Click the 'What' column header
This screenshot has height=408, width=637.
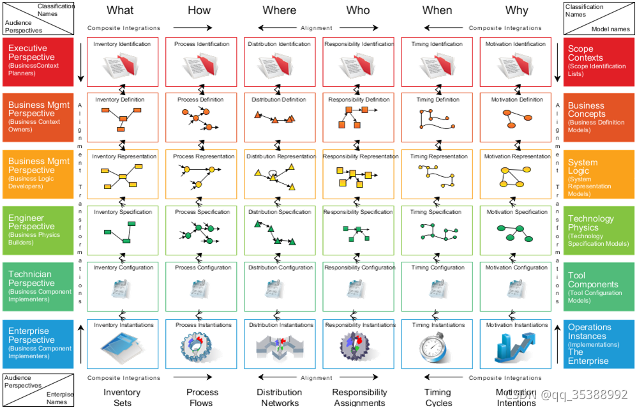coord(120,10)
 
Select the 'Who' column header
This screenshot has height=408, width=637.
coord(357,10)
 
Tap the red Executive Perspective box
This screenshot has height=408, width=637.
coord(39,61)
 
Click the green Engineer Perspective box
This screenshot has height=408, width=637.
coord(39,230)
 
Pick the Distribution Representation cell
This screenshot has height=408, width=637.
coord(280,174)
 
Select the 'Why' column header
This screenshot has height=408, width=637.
coord(516,10)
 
